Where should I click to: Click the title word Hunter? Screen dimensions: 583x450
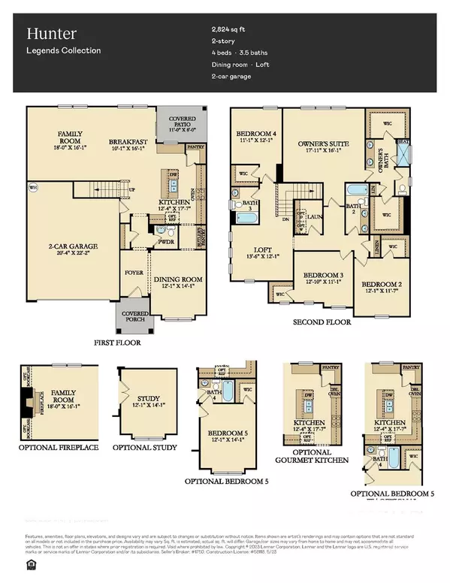click(x=48, y=34)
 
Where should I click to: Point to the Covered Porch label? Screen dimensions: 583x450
click(x=132, y=316)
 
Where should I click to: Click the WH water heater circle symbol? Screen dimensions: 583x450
click(x=32, y=187)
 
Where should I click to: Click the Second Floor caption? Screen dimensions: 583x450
click(x=322, y=322)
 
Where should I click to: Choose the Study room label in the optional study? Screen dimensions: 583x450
click(x=144, y=399)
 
